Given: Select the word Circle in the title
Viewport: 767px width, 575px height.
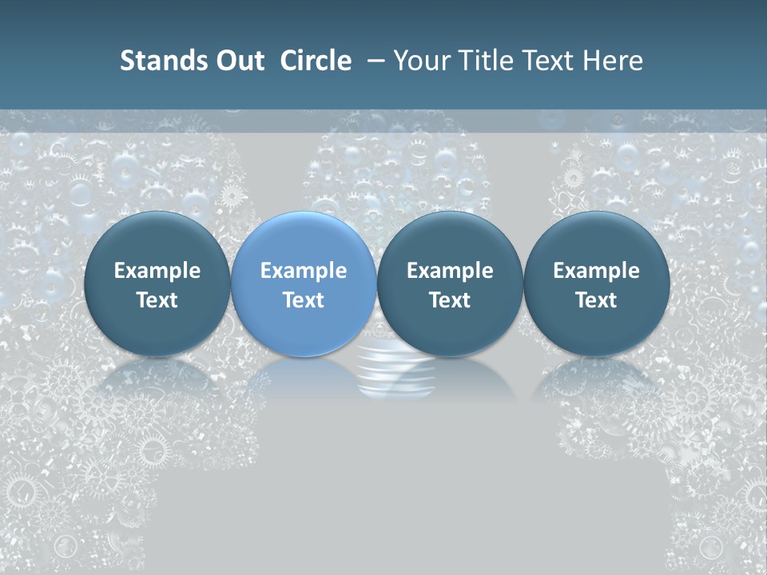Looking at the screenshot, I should tap(316, 61).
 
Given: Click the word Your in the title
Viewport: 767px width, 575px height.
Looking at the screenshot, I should tap(419, 61).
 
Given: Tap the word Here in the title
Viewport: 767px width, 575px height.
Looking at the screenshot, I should tap(611, 61).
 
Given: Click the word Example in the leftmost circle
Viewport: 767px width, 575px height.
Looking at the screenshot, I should tap(157, 271).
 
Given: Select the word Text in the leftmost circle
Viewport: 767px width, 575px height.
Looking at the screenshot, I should tap(157, 300).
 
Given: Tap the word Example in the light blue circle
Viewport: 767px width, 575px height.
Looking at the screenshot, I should tap(304, 271).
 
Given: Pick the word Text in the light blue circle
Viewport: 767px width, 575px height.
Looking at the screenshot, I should tap(304, 300).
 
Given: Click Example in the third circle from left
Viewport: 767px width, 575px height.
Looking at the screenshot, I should tap(450, 271).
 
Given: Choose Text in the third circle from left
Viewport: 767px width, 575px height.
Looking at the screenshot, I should tap(450, 300).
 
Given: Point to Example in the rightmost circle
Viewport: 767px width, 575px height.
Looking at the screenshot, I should tap(596, 271).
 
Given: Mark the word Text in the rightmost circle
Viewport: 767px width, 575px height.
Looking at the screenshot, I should tap(596, 300).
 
